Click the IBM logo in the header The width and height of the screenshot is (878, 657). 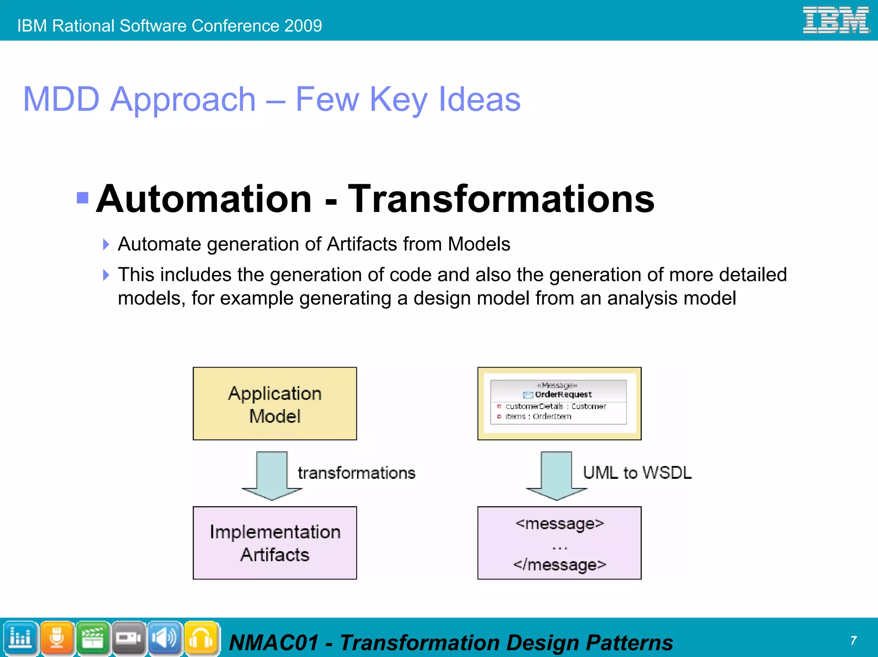pyautogui.click(x=836, y=20)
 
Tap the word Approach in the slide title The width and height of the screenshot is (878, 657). pyautogui.click(x=183, y=99)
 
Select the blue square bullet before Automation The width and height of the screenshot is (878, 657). pyautogui.click(x=82, y=197)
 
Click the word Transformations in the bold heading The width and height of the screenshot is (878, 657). pyautogui.click(x=501, y=199)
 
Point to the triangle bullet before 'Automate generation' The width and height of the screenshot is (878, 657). pyautogui.click(x=106, y=245)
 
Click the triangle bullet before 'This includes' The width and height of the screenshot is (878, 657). pyautogui.click(x=106, y=275)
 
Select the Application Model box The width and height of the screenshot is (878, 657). pyautogui.click(x=275, y=403)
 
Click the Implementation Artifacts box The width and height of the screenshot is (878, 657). pyautogui.click(x=275, y=543)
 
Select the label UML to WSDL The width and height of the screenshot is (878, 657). pyautogui.click(x=637, y=473)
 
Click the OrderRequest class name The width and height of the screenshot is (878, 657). pyautogui.click(x=563, y=394)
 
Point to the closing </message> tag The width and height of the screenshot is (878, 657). pyautogui.click(x=559, y=564)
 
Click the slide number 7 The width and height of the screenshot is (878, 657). pyautogui.click(x=853, y=640)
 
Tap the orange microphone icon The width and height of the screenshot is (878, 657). pyautogui.click(x=57, y=638)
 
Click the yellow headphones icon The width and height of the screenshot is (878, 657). pyautogui.click(x=201, y=638)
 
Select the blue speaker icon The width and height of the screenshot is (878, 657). pyautogui.click(x=165, y=638)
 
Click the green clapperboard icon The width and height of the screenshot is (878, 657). pyautogui.click(x=93, y=638)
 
